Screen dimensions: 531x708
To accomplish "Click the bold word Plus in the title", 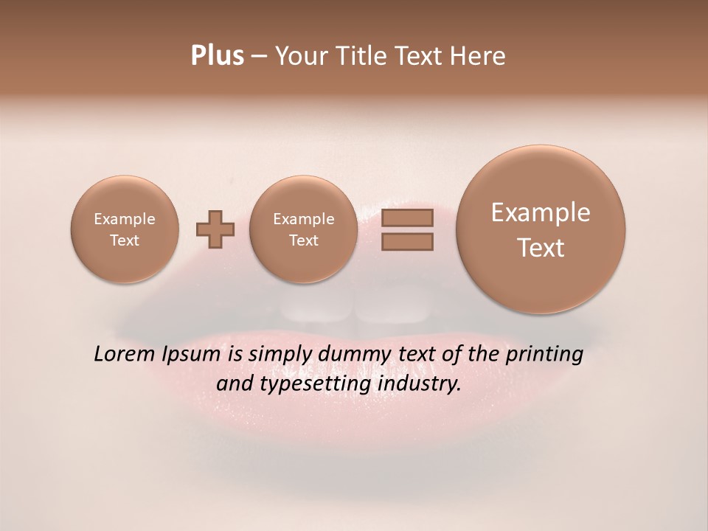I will point(217,56).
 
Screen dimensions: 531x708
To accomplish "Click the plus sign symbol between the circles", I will point(215,229).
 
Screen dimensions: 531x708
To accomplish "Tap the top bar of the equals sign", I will point(406,218).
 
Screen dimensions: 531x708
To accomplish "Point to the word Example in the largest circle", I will point(541,212).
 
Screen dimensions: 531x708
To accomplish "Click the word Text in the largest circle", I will point(541,248).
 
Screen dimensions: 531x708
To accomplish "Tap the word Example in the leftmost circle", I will point(124,219).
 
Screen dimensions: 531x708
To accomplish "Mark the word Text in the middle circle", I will point(303,240).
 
